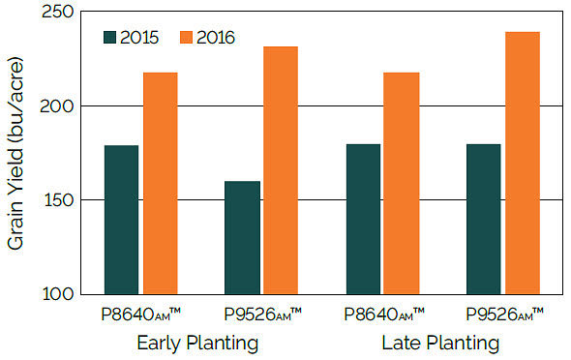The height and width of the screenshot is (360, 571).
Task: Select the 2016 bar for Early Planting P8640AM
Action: pos(161,183)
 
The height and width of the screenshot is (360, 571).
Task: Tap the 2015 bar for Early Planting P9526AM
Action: pos(241,237)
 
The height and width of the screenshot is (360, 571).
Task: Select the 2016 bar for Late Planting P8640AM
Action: pos(402,183)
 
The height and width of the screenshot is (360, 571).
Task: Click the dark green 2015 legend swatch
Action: pos(109,38)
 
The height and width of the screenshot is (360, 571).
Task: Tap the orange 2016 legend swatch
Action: pos(187,38)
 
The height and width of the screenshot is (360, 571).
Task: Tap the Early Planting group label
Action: pos(197,343)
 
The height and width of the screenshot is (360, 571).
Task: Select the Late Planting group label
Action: pos(440,343)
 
